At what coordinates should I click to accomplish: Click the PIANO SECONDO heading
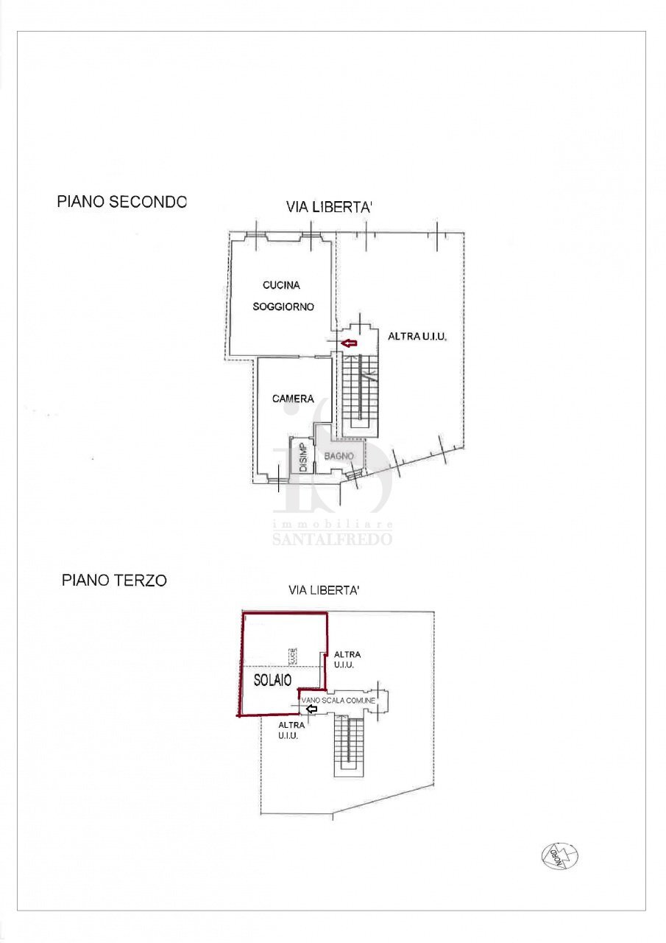coord(122,202)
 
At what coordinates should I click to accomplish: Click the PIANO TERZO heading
coord(114,581)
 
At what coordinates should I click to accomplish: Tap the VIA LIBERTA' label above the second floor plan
coord(329,208)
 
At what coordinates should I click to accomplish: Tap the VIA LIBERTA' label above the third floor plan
coord(323,591)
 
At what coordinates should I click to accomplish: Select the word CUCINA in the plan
coord(281,285)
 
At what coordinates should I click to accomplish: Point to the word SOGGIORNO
coord(283,306)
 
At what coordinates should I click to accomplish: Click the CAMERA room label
coord(293,399)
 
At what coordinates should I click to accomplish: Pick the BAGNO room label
coord(339,457)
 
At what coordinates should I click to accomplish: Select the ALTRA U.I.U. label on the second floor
coord(417,336)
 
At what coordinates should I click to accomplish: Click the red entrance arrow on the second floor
coord(348,343)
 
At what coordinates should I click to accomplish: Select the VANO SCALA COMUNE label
coord(339,700)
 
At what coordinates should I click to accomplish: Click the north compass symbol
coord(559,855)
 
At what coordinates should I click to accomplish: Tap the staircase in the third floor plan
coord(349,744)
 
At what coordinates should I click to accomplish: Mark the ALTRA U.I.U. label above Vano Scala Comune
coord(347,659)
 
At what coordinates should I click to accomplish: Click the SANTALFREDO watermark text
coord(332,539)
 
